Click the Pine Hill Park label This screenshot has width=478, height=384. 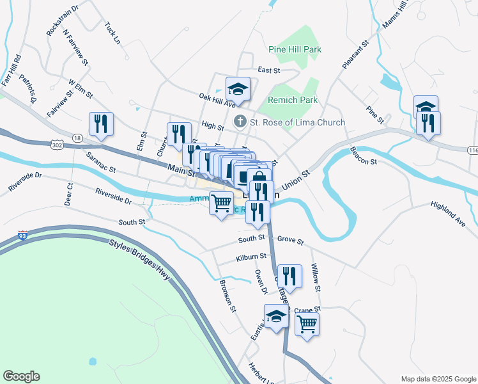coord(295,49)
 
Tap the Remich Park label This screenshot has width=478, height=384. coord(293,100)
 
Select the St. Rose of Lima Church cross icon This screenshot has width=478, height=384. coord(240,121)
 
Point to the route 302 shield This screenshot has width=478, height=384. coord(57,146)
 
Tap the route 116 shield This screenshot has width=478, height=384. coord(472,148)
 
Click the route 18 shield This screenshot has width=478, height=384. coord(77,138)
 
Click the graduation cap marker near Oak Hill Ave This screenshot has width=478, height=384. coord(238,89)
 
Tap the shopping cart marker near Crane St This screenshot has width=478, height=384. coord(307,324)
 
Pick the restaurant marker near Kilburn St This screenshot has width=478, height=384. coord(289,277)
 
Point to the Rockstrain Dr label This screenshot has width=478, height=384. coord(62,20)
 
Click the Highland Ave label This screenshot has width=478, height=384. coord(447,214)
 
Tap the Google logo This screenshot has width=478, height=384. coord(21,376)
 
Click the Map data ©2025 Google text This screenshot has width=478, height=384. coord(438,379)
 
